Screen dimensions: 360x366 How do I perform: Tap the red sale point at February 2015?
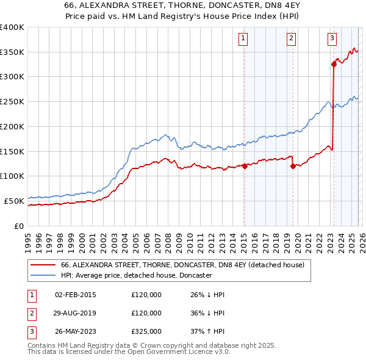click(245, 165)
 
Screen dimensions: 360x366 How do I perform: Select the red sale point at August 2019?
click(293, 165)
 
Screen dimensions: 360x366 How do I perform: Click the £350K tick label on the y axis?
click(12, 52)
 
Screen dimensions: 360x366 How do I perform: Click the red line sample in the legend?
click(43, 265)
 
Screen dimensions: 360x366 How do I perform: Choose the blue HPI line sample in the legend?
click(43, 276)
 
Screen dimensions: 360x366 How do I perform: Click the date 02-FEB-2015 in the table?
click(76, 295)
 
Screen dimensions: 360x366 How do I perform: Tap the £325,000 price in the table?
click(146, 331)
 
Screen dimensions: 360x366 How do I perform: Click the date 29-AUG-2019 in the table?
click(76, 313)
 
